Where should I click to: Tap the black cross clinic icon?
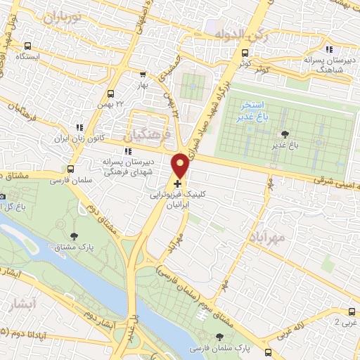tap(177, 184)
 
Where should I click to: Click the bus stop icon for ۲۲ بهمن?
tap(110, 94)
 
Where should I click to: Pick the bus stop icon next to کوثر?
tap(245, 53)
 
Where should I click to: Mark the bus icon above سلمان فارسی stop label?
tap(69, 169)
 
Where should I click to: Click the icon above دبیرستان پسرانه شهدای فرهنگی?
tap(127, 151)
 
